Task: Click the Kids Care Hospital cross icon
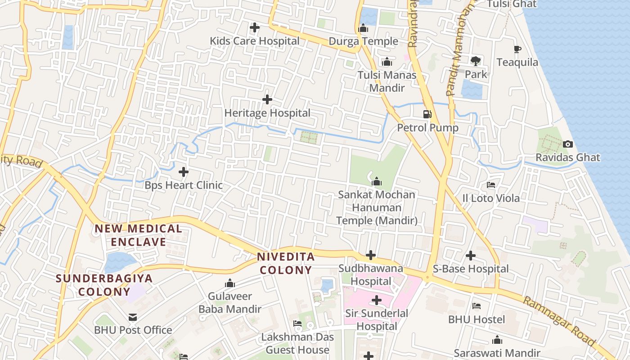pyautogui.click(x=255, y=28)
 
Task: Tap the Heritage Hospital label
pyautogui.click(x=267, y=113)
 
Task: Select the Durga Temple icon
pyautogui.click(x=363, y=28)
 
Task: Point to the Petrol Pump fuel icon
pyautogui.click(x=427, y=114)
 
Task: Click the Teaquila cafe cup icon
pyautogui.click(x=517, y=49)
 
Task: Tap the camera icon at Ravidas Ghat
pyautogui.click(x=568, y=144)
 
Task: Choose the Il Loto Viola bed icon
pyautogui.click(x=491, y=185)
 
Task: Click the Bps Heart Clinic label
pyautogui.click(x=184, y=185)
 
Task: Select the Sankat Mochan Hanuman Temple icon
pyautogui.click(x=377, y=182)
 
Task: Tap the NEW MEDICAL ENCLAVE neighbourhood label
pyautogui.click(x=139, y=235)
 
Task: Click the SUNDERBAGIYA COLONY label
pyautogui.click(x=104, y=285)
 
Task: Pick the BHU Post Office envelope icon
pyautogui.click(x=133, y=317)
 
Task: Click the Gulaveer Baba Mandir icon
pyautogui.click(x=230, y=283)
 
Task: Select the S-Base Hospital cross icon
pyautogui.click(x=471, y=256)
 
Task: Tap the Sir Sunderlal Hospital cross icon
pyautogui.click(x=377, y=300)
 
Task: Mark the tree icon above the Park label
pyautogui.click(x=476, y=61)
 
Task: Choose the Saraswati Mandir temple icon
pyautogui.click(x=497, y=340)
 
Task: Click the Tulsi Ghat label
pyautogui.click(x=512, y=4)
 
